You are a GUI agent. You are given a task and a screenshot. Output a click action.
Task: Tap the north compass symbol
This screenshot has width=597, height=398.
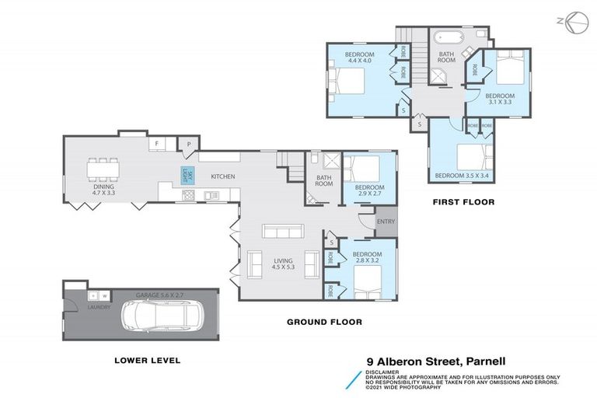pyautogui.click(x=572, y=23)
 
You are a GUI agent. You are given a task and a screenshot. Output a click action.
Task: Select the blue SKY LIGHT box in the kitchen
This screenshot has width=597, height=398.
pyautogui.click(x=187, y=176)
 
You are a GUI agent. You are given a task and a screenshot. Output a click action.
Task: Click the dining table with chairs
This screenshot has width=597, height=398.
pyautogui.click(x=103, y=168)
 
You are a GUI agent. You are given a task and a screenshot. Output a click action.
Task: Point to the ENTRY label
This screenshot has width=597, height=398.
pyautogui.click(x=386, y=222)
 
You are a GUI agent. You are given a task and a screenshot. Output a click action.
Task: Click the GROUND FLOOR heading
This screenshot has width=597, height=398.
pyautogui.click(x=324, y=322)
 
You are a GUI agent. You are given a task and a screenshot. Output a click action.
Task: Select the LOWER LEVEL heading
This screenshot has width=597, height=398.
pyautogui.click(x=147, y=360)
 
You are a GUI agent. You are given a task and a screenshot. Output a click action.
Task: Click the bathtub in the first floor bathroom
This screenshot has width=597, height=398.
pyautogui.click(x=447, y=36)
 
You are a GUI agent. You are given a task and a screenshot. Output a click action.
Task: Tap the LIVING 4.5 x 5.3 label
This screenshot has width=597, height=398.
pyautogui.click(x=285, y=264)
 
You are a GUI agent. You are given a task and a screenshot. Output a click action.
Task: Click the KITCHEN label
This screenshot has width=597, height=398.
pyautogui.click(x=222, y=177)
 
